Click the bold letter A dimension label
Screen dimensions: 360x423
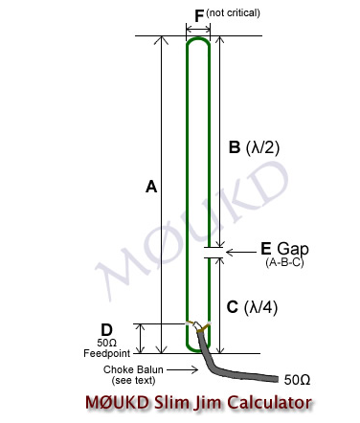(151, 187)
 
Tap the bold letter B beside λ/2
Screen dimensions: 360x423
(235, 147)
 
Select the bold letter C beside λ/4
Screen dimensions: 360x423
(233, 307)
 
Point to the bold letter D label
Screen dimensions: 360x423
(106, 330)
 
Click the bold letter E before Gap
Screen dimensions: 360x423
(266, 249)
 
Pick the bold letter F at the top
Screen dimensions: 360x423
(199, 16)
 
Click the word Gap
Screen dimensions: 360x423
(293, 250)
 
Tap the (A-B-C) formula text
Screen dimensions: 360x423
(284, 263)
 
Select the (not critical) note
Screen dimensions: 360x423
(233, 13)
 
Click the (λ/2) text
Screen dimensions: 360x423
(262, 147)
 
